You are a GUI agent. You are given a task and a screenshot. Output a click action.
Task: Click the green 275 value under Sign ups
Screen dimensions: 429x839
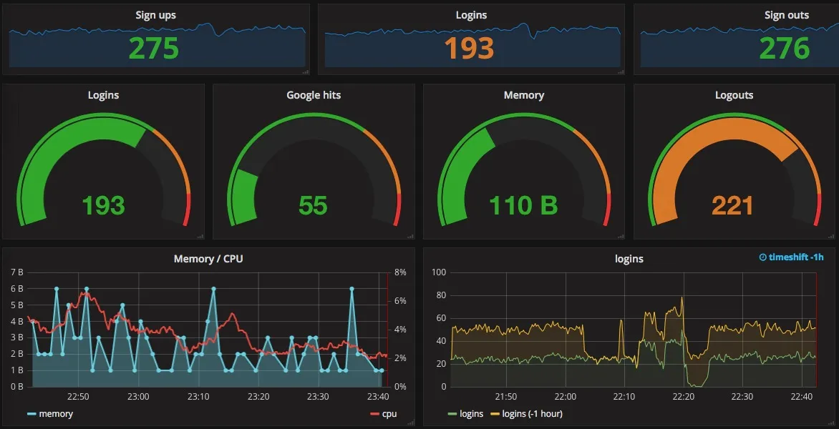(x=154, y=48)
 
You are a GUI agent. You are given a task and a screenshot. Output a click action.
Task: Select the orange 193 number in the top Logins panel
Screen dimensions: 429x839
(x=470, y=48)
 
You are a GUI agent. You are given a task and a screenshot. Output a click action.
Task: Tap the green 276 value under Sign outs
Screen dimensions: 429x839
(x=785, y=48)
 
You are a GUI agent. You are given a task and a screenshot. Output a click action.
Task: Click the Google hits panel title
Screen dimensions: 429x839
(x=314, y=95)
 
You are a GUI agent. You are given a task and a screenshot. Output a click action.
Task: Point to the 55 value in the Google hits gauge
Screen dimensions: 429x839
(x=314, y=206)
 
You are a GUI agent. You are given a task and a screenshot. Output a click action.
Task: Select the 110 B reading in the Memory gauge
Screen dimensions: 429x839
(x=523, y=206)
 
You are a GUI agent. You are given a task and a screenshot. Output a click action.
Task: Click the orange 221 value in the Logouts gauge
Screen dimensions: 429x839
(x=733, y=206)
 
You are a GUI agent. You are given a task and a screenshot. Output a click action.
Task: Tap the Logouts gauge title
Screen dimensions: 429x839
(x=734, y=95)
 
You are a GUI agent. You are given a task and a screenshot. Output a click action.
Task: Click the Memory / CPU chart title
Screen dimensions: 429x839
(x=208, y=259)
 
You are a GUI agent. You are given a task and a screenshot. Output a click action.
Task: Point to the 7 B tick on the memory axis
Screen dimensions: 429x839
(x=17, y=272)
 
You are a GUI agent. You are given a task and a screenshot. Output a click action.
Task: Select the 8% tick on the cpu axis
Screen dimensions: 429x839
(x=400, y=272)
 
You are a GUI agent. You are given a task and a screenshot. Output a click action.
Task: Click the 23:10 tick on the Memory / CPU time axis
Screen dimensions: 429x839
(x=198, y=397)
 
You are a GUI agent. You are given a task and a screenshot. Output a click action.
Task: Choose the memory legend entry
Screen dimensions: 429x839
(x=55, y=414)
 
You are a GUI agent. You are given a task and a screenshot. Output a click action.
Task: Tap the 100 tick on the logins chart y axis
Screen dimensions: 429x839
(x=439, y=272)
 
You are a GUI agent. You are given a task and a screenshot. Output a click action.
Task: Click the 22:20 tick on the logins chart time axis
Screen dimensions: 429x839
(x=684, y=397)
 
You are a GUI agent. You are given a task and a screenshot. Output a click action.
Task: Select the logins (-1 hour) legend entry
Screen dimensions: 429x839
(x=532, y=414)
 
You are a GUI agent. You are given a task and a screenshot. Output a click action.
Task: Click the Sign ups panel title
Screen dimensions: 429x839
(x=155, y=15)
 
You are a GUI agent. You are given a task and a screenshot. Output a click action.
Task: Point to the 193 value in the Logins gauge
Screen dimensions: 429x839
(x=103, y=206)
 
